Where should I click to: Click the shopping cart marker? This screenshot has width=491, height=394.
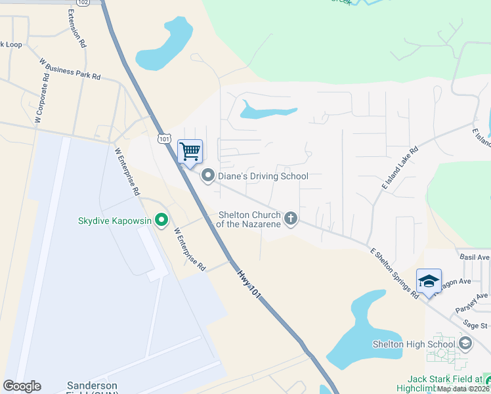(x=190, y=152)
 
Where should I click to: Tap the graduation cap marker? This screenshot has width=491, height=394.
(x=429, y=282)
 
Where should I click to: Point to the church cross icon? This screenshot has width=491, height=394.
(x=290, y=218)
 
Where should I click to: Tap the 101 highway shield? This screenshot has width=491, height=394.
(x=163, y=139)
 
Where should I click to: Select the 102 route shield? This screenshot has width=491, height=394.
(x=83, y=3)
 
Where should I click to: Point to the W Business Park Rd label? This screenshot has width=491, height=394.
(x=70, y=69)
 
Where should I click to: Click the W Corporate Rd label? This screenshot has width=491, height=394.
(x=41, y=99)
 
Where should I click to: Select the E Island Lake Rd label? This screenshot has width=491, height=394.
(x=400, y=169)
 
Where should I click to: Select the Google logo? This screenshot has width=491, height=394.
(x=22, y=386)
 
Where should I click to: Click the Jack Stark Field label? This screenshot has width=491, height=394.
(x=445, y=379)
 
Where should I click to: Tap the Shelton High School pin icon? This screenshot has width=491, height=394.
(x=465, y=343)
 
